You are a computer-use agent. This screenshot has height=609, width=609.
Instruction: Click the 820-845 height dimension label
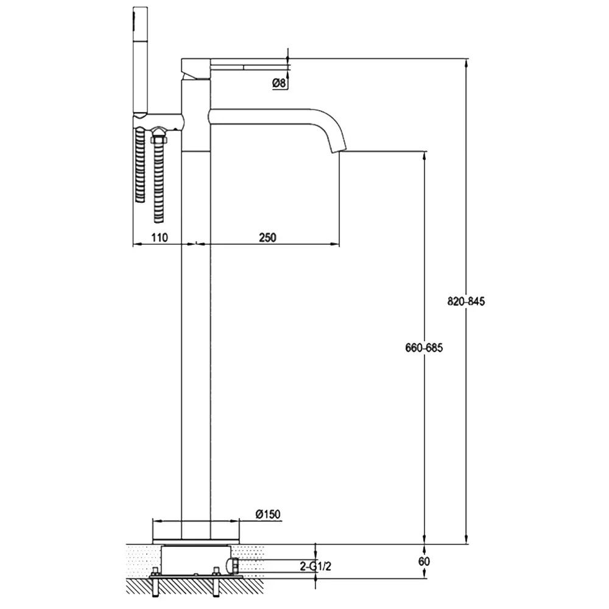coord(466,301)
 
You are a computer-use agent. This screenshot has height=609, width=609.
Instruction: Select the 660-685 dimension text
coord(424,348)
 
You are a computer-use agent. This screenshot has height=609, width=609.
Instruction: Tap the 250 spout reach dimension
coord(267,238)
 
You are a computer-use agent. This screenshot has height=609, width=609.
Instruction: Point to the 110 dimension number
coord(159,238)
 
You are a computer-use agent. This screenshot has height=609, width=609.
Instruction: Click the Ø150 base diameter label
coord(268,514)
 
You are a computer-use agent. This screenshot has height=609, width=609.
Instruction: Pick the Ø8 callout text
coord(279,83)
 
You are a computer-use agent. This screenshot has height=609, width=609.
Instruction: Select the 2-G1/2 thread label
coord(315,566)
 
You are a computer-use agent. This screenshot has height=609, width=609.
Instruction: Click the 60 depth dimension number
coord(424,561)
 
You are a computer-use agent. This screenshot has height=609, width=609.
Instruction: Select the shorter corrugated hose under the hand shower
coord(140,165)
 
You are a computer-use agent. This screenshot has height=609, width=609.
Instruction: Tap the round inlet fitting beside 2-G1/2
coord(235,565)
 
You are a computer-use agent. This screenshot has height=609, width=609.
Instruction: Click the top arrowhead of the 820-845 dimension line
coord(466,63)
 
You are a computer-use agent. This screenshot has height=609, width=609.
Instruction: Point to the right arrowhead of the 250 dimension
coord(335,244)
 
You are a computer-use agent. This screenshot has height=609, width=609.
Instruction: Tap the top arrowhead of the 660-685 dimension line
coord(424,155)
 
